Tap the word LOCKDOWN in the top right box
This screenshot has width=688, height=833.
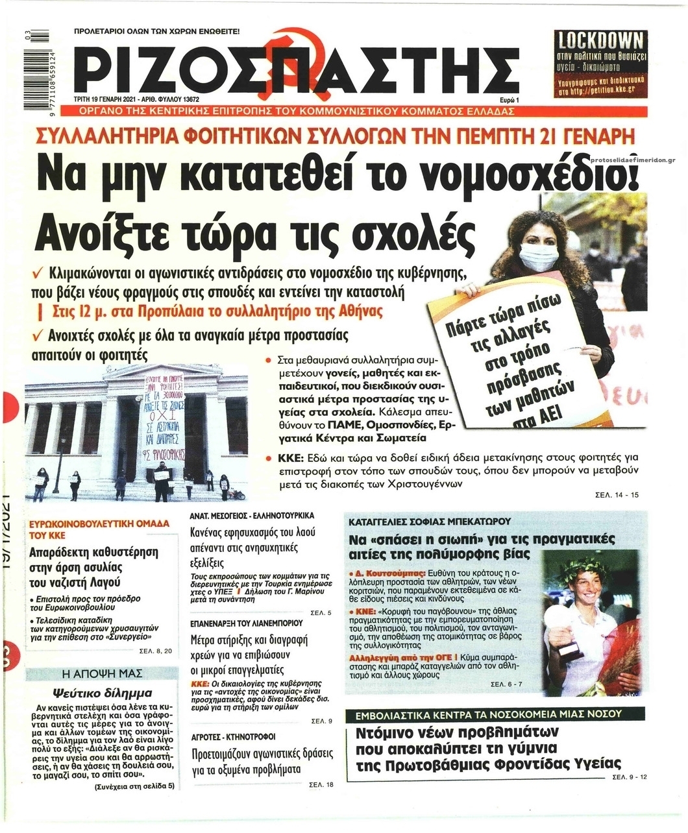600,40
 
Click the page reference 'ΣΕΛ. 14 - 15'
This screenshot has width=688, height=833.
617,495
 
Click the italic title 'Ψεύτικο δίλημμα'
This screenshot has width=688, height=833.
102,692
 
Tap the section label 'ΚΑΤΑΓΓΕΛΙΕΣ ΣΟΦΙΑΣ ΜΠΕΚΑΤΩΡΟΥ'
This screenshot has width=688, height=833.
430,521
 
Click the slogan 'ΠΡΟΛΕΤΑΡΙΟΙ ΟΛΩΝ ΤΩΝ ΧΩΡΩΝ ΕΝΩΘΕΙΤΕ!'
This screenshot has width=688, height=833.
157,31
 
